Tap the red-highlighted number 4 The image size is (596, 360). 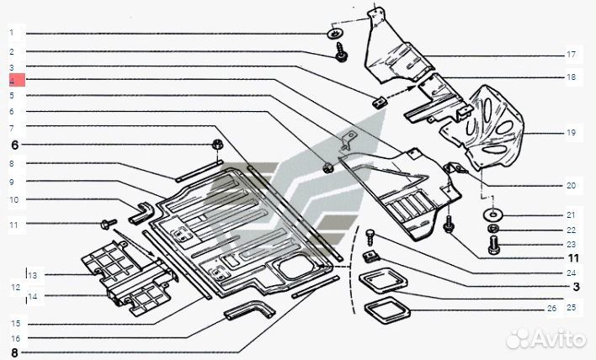pos(13,81)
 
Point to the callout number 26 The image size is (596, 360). pos(552,309)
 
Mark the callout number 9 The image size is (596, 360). pos(13,182)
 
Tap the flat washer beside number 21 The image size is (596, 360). pos(490,215)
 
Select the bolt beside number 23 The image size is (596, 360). pos(494,246)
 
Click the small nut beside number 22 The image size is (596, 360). pos(494,230)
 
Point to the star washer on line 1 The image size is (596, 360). pos(335,33)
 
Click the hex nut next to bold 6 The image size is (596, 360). pos(216,145)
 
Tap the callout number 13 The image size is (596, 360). pos(32,275)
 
